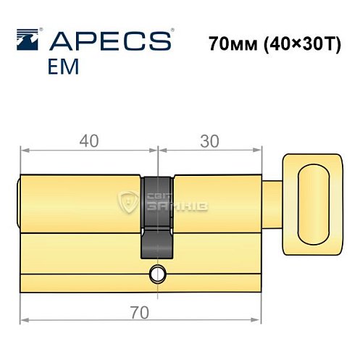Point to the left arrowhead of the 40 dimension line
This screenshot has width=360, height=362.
(23, 151)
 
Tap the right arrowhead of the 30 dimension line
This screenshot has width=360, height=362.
(258, 151)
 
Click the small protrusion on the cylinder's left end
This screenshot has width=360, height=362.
(19, 204)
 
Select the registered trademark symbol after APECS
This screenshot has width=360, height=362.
(172, 31)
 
